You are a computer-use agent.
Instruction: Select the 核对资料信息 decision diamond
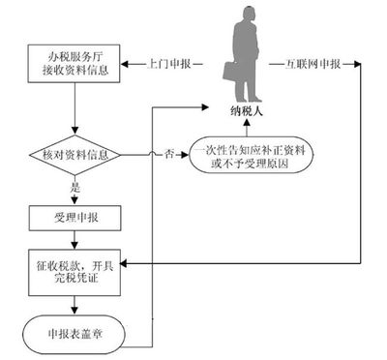pos(74,154)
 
